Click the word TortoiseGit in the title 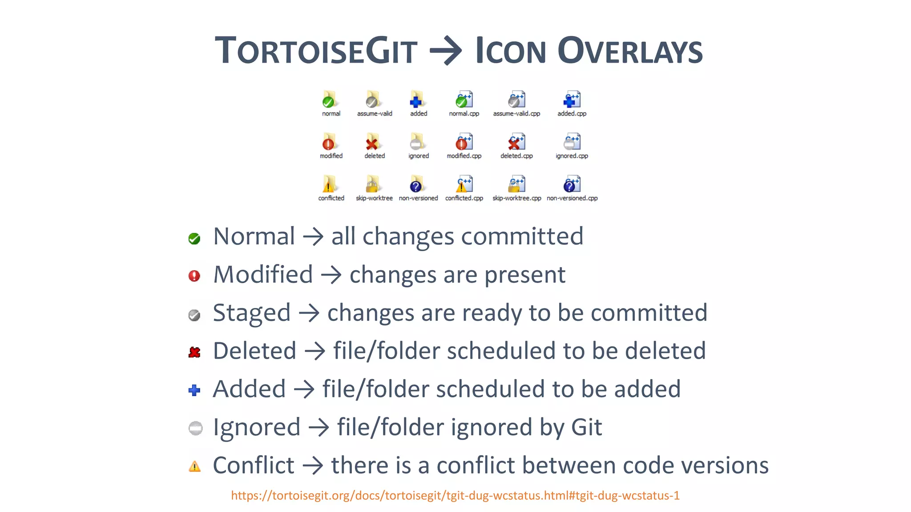pyautogui.click(x=316, y=51)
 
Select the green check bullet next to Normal pyautogui.click(x=194, y=239)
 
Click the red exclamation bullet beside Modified pyautogui.click(x=194, y=276)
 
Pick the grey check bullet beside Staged pyautogui.click(x=194, y=315)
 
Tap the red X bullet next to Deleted pyautogui.click(x=194, y=352)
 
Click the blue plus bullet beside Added pyautogui.click(x=194, y=391)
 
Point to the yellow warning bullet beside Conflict pyautogui.click(x=194, y=467)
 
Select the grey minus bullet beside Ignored pyautogui.click(x=195, y=428)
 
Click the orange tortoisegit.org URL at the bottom pyautogui.click(x=455, y=496)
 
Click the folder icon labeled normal pyautogui.click(x=329, y=100)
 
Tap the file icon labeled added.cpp pyautogui.click(x=572, y=100)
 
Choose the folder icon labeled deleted pyautogui.click(x=373, y=142)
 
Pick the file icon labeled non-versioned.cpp pyautogui.click(x=572, y=184)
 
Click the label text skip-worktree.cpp pyautogui.click(x=516, y=198)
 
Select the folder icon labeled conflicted pyautogui.click(x=329, y=184)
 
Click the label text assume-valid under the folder pyautogui.click(x=375, y=114)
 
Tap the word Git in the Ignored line pyautogui.click(x=586, y=428)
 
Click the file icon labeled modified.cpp pyautogui.click(x=464, y=142)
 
